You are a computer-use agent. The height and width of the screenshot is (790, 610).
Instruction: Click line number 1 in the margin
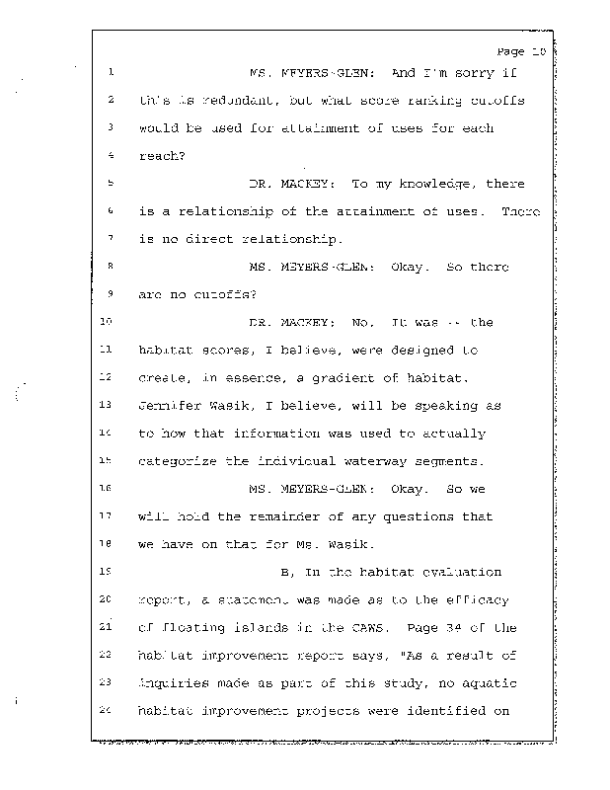(x=113, y=72)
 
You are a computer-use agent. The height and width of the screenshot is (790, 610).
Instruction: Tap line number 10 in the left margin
(x=109, y=322)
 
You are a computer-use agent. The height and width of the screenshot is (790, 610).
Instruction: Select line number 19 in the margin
(x=109, y=571)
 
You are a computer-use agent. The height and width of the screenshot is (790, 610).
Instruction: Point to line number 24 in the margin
(x=109, y=711)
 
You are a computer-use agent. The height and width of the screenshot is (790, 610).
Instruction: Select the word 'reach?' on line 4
(x=158, y=156)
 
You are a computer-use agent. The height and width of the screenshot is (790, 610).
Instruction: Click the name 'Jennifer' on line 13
(x=169, y=405)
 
